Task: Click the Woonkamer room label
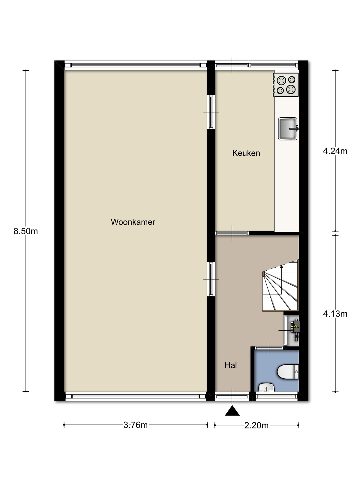click(x=133, y=222)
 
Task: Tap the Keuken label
click(x=246, y=153)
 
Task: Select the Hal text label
click(x=231, y=365)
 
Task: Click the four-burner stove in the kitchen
click(x=286, y=85)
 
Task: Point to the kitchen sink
click(x=288, y=129)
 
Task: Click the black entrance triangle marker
click(x=232, y=410)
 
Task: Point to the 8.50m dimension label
click(x=26, y=231)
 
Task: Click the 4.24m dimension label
click(x=335, y=151)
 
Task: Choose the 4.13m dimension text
click(x=335, y=314)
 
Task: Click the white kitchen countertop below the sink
click(x=287, y=186)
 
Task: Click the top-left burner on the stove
click(x=281, y=80)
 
